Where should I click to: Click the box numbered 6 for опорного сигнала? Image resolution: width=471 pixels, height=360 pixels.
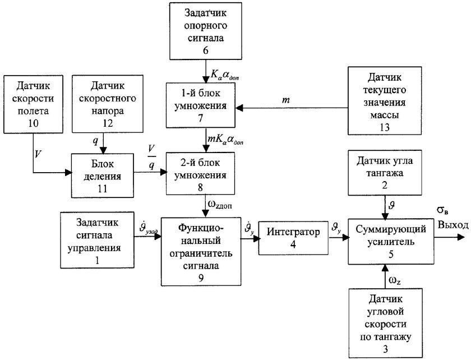pos(203,31)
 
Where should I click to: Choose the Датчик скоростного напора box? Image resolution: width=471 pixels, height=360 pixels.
pos(105,103)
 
